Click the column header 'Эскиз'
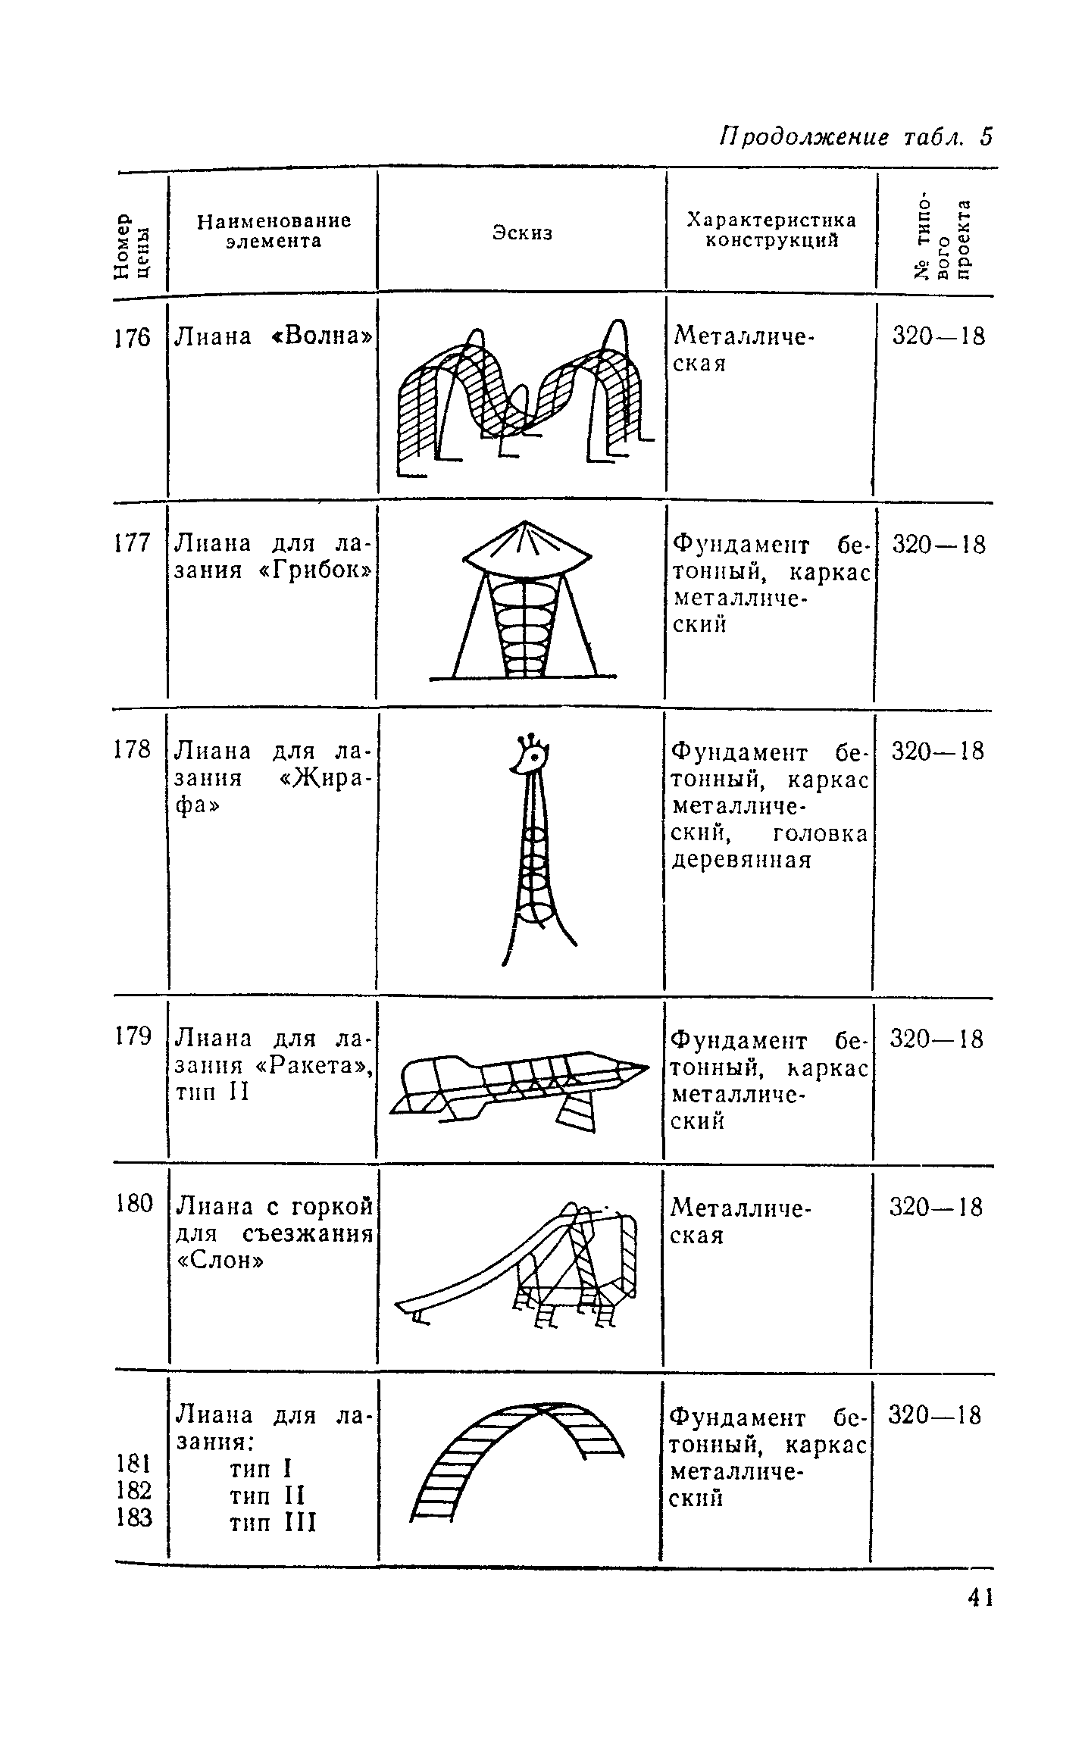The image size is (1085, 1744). [x=522, y=233]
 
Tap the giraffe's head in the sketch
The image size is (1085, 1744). [x=533, y=758]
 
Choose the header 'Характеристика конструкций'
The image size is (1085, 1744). [x=771, y=230]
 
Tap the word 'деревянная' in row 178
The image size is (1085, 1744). [x=740, y=861]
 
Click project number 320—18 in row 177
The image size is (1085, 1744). [x=939, y=545]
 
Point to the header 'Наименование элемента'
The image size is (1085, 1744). [x=274, y=230]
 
